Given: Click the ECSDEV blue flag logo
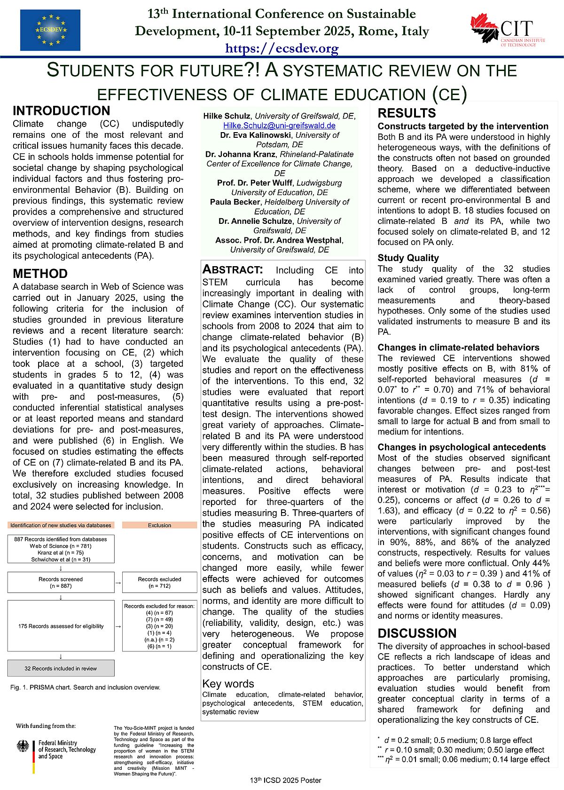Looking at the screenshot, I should pos(50,30).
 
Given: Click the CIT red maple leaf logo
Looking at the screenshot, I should pos(484,29).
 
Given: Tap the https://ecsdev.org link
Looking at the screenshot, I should pos(282,48).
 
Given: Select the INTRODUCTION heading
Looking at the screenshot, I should pos(62,111).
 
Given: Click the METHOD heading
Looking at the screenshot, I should pos(40,274).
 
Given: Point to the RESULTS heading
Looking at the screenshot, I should pos(407,113).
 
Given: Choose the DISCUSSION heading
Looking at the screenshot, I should pos(417,633).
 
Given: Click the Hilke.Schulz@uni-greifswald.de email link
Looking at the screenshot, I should pos(279,126).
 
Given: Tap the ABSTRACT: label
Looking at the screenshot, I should pos(232,270).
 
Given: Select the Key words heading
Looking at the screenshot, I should pos(228,684).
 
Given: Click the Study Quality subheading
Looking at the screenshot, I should pos(408,258).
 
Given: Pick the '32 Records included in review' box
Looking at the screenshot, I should pos(61,668).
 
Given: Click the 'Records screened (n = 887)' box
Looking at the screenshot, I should pos(61,583).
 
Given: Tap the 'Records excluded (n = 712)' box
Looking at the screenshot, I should pos(159,583).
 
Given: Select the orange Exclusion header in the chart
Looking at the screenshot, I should pos(159,525).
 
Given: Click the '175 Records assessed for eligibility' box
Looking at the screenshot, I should pos(61,626).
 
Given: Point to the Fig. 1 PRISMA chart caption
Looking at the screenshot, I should pos(85,687).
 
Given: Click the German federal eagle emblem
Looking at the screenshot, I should pos(23,746).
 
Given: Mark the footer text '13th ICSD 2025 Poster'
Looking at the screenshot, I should pos(285,781).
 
